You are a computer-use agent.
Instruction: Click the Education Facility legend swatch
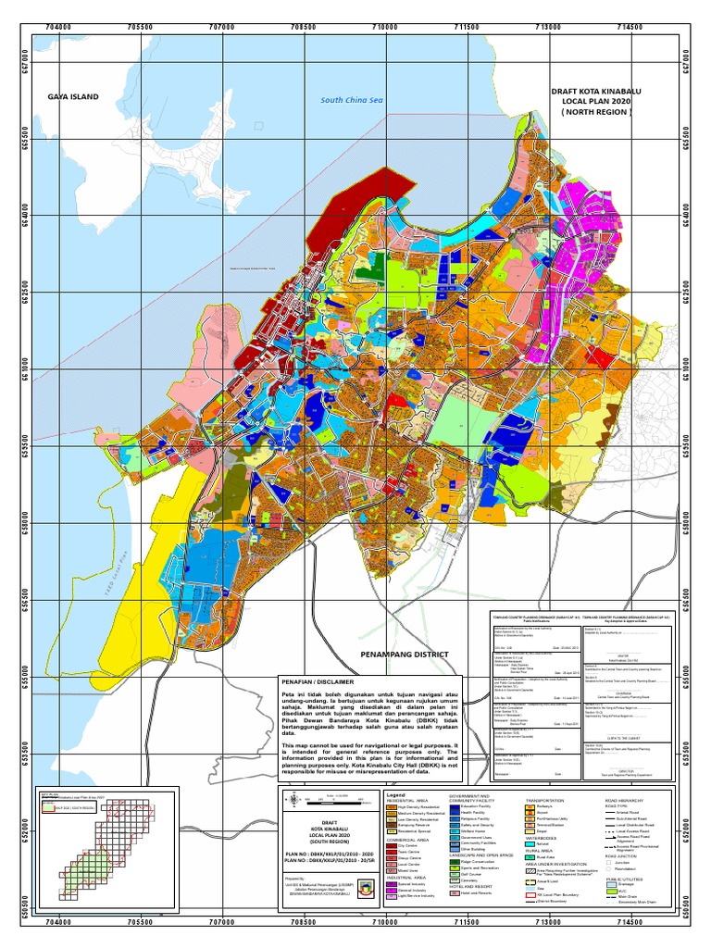point(455,807)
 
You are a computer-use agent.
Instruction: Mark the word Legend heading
point(396,795)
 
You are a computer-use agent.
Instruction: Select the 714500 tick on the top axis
point(630,27)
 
